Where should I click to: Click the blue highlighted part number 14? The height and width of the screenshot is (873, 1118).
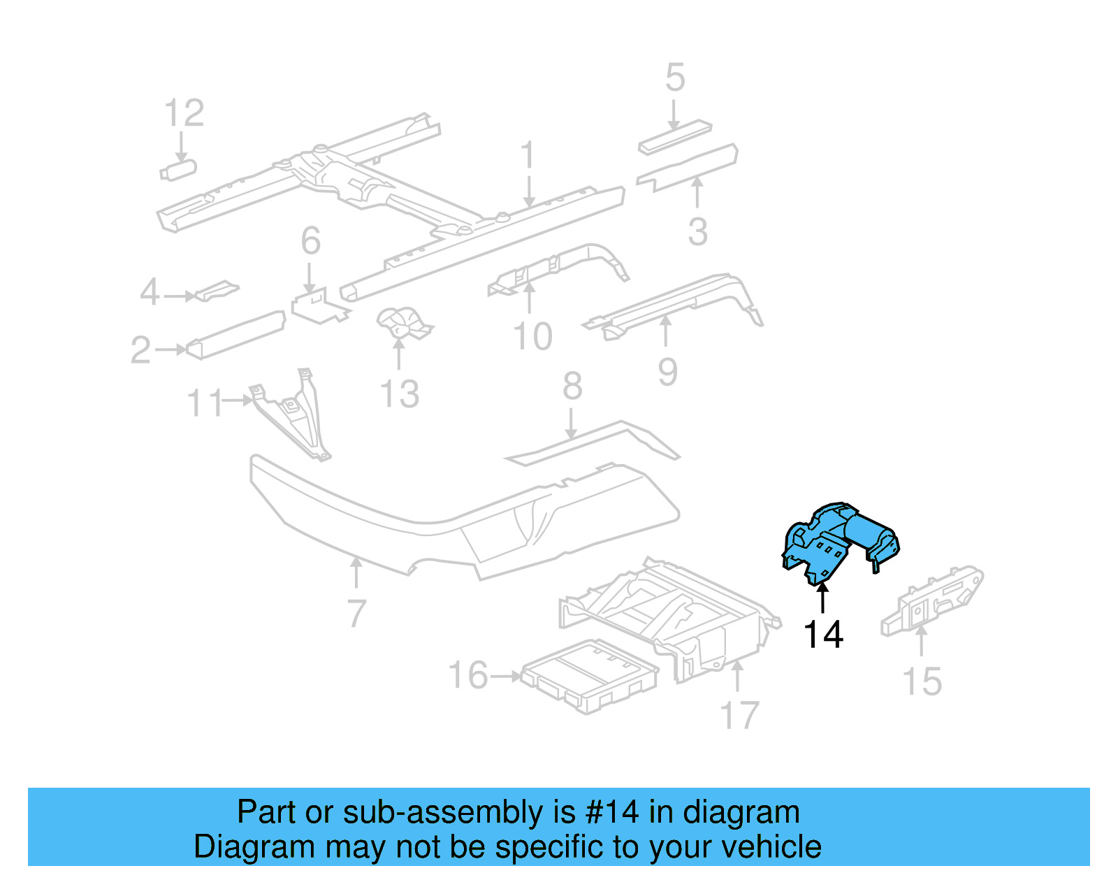coord(838,542)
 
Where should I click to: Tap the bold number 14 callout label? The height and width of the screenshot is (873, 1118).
coord(823,635)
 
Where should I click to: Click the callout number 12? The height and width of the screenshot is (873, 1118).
coord(184,113)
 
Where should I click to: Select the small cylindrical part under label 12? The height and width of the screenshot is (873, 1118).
coord(179,170)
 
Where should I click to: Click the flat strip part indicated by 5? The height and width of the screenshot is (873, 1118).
coord(674,137)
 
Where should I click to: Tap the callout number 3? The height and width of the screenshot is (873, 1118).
coord(697,231)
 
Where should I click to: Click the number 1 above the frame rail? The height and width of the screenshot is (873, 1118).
coord(528,155)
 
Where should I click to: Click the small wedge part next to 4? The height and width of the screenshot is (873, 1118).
coord(217,290)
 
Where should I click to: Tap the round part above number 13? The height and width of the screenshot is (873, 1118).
coord(404,323)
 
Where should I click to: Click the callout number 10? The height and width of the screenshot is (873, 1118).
coord(532,336)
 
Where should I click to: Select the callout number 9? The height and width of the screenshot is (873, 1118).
coord(667,371)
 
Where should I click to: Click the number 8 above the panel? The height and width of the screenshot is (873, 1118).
coord(572,386)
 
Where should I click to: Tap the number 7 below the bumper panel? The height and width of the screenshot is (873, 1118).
coord(356,613)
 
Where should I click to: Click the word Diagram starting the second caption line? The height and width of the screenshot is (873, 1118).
coord(254,846)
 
